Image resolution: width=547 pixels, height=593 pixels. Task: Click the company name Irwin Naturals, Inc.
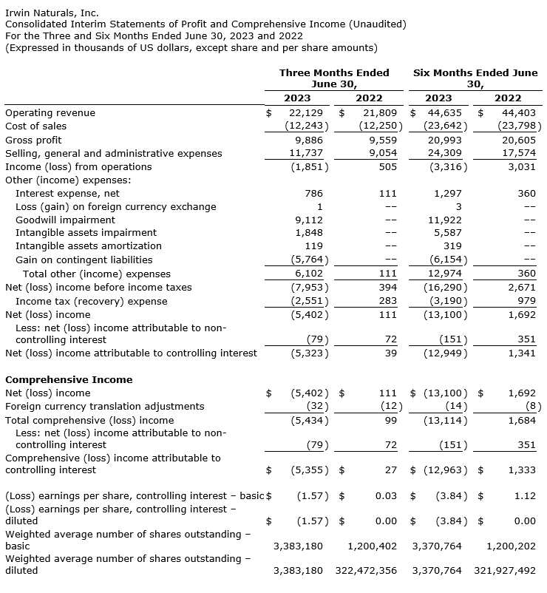coord(52,13)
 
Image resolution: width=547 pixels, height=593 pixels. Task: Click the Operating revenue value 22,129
coord(307,113)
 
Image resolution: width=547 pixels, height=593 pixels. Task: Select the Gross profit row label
coord(33,140)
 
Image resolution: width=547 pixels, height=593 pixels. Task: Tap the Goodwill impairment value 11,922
coord(445,220)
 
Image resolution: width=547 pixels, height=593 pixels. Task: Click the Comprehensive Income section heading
coord(69,379)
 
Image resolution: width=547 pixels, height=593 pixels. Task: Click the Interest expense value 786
coord(314,193)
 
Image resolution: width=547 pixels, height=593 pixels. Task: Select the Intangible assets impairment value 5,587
coord(448,233)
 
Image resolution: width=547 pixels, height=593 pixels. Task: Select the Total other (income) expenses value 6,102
coord(308,274)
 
